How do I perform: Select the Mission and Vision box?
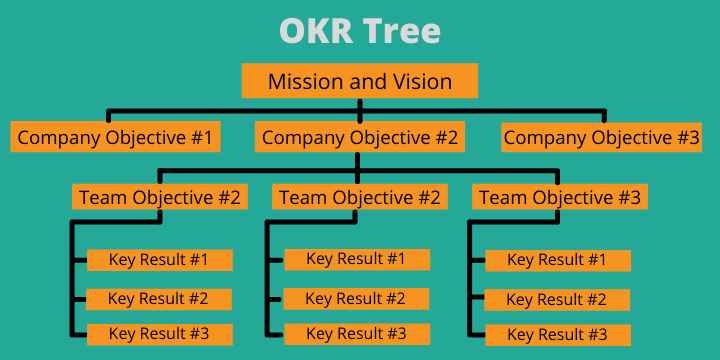click(360, 81)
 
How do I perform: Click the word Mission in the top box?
click(302, 81)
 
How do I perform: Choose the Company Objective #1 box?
click(115, 137)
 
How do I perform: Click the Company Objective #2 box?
click(359, 137)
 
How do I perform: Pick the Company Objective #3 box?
click(601, 137)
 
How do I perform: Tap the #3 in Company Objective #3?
click(686, 137)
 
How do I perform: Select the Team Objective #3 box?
click(560, 197)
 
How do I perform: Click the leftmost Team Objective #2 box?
click(159, 197)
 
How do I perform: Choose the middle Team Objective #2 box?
click(359, 197)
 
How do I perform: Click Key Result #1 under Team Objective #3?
click(557, 260)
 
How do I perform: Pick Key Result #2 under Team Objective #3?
click(557, 299)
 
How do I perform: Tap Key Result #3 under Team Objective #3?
click(558, 334)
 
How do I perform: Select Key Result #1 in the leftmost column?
click(159, 260)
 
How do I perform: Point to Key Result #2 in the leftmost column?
click(158, 298)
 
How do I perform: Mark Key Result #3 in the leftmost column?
click(159, 334)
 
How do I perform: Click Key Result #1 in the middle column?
click(356, 259)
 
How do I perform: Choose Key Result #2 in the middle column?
click(355, 298)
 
